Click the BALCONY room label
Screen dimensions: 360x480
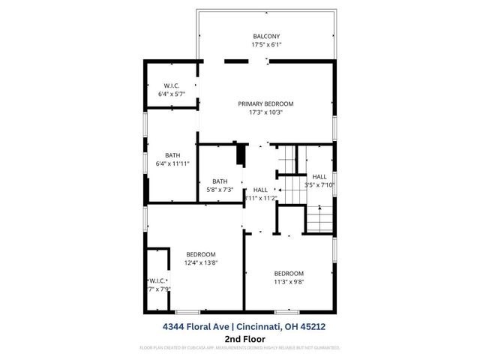266,36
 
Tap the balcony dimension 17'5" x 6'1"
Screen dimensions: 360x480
266,45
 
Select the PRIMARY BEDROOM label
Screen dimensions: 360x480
265,103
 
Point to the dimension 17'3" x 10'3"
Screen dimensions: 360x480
265,112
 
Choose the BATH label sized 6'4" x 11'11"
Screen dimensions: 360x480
172,154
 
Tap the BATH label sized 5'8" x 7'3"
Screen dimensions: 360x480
220,181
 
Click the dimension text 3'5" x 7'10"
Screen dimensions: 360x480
319,184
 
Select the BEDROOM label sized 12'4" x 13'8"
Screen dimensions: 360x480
201,254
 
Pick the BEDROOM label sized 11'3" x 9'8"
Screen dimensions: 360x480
289,273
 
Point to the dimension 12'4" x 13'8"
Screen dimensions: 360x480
201,263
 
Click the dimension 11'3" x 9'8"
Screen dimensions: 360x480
289,282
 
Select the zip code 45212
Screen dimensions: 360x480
314,326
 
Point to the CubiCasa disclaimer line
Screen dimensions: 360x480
240,349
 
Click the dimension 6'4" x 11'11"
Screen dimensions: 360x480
172,163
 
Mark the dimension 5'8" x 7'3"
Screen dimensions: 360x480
220,190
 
